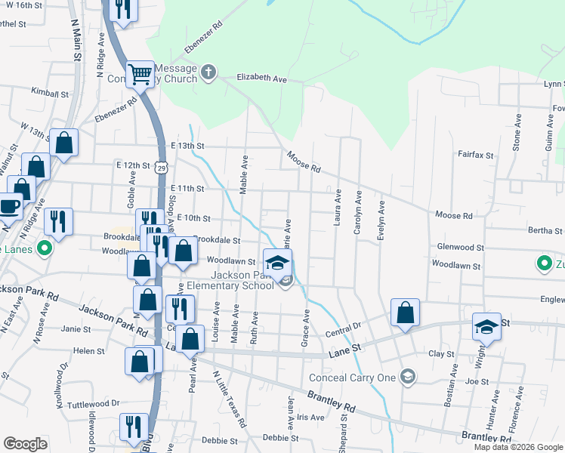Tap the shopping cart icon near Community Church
(x=140, y=74)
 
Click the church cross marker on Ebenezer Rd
(x=208, y=73)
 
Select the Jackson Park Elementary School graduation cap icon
(x=278, y=263)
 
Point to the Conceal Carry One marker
(x=408, y=376)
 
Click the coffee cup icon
(x=9, y=205)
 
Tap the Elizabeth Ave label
(x=262, y=78)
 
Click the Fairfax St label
(x=475, y=154)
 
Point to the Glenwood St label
(x=460, y=247)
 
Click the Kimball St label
(x=51, y=95)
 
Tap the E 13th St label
(x=188, y=146)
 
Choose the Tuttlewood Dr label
(x=94, y=403)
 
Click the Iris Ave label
(x=310, y=417)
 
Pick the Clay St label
(x=441, y=353)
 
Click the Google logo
(x=25, y=444)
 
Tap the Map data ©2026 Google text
(x=518, y=447)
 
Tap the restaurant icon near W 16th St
(x=122, y=8)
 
